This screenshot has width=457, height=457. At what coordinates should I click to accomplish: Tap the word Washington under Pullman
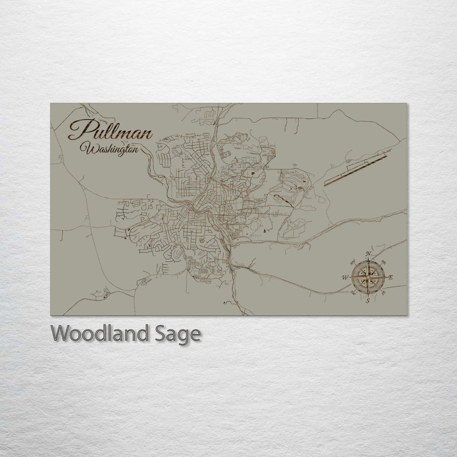tap(111, 149)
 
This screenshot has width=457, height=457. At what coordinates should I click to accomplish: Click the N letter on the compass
tap(368, 254)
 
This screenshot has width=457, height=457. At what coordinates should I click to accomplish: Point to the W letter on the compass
tap(344, 278)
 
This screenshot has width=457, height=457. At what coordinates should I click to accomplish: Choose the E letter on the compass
tap(391, 278)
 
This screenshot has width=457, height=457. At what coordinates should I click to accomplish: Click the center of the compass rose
tap(368, 278)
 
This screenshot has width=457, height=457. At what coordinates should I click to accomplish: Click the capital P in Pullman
tap(78, 131)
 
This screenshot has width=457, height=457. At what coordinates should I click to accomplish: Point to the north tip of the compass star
tap(368, 260)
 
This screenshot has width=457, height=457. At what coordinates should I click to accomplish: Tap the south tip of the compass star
tap(368, 295)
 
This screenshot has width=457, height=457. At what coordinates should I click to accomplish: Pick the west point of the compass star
tap(351, 278)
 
